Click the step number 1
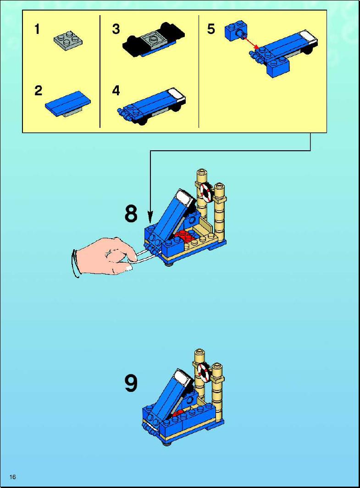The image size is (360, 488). point(37,29)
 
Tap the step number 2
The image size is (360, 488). point(39,91)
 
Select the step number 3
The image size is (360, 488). point(116,29)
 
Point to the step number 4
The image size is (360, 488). point(116,91)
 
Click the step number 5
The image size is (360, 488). point(211,29)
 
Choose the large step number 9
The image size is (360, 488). point(131,383)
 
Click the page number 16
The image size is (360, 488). point(13,477)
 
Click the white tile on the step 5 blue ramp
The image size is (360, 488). point(309,37)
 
